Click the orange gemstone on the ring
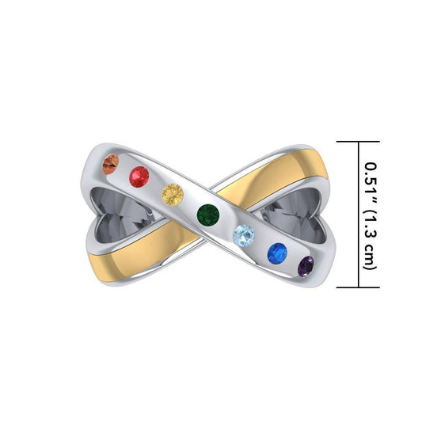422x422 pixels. tap(112, 163)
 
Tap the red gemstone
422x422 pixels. tap(139, 174)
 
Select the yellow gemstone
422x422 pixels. tap(172, 192)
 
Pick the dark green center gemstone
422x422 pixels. tap(210, 213)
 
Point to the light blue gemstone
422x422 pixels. tap(245, 234)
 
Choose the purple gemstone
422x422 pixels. tap(307, 265)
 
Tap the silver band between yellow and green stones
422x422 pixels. tap(191, 203)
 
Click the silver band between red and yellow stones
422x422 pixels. tap(156, 184)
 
